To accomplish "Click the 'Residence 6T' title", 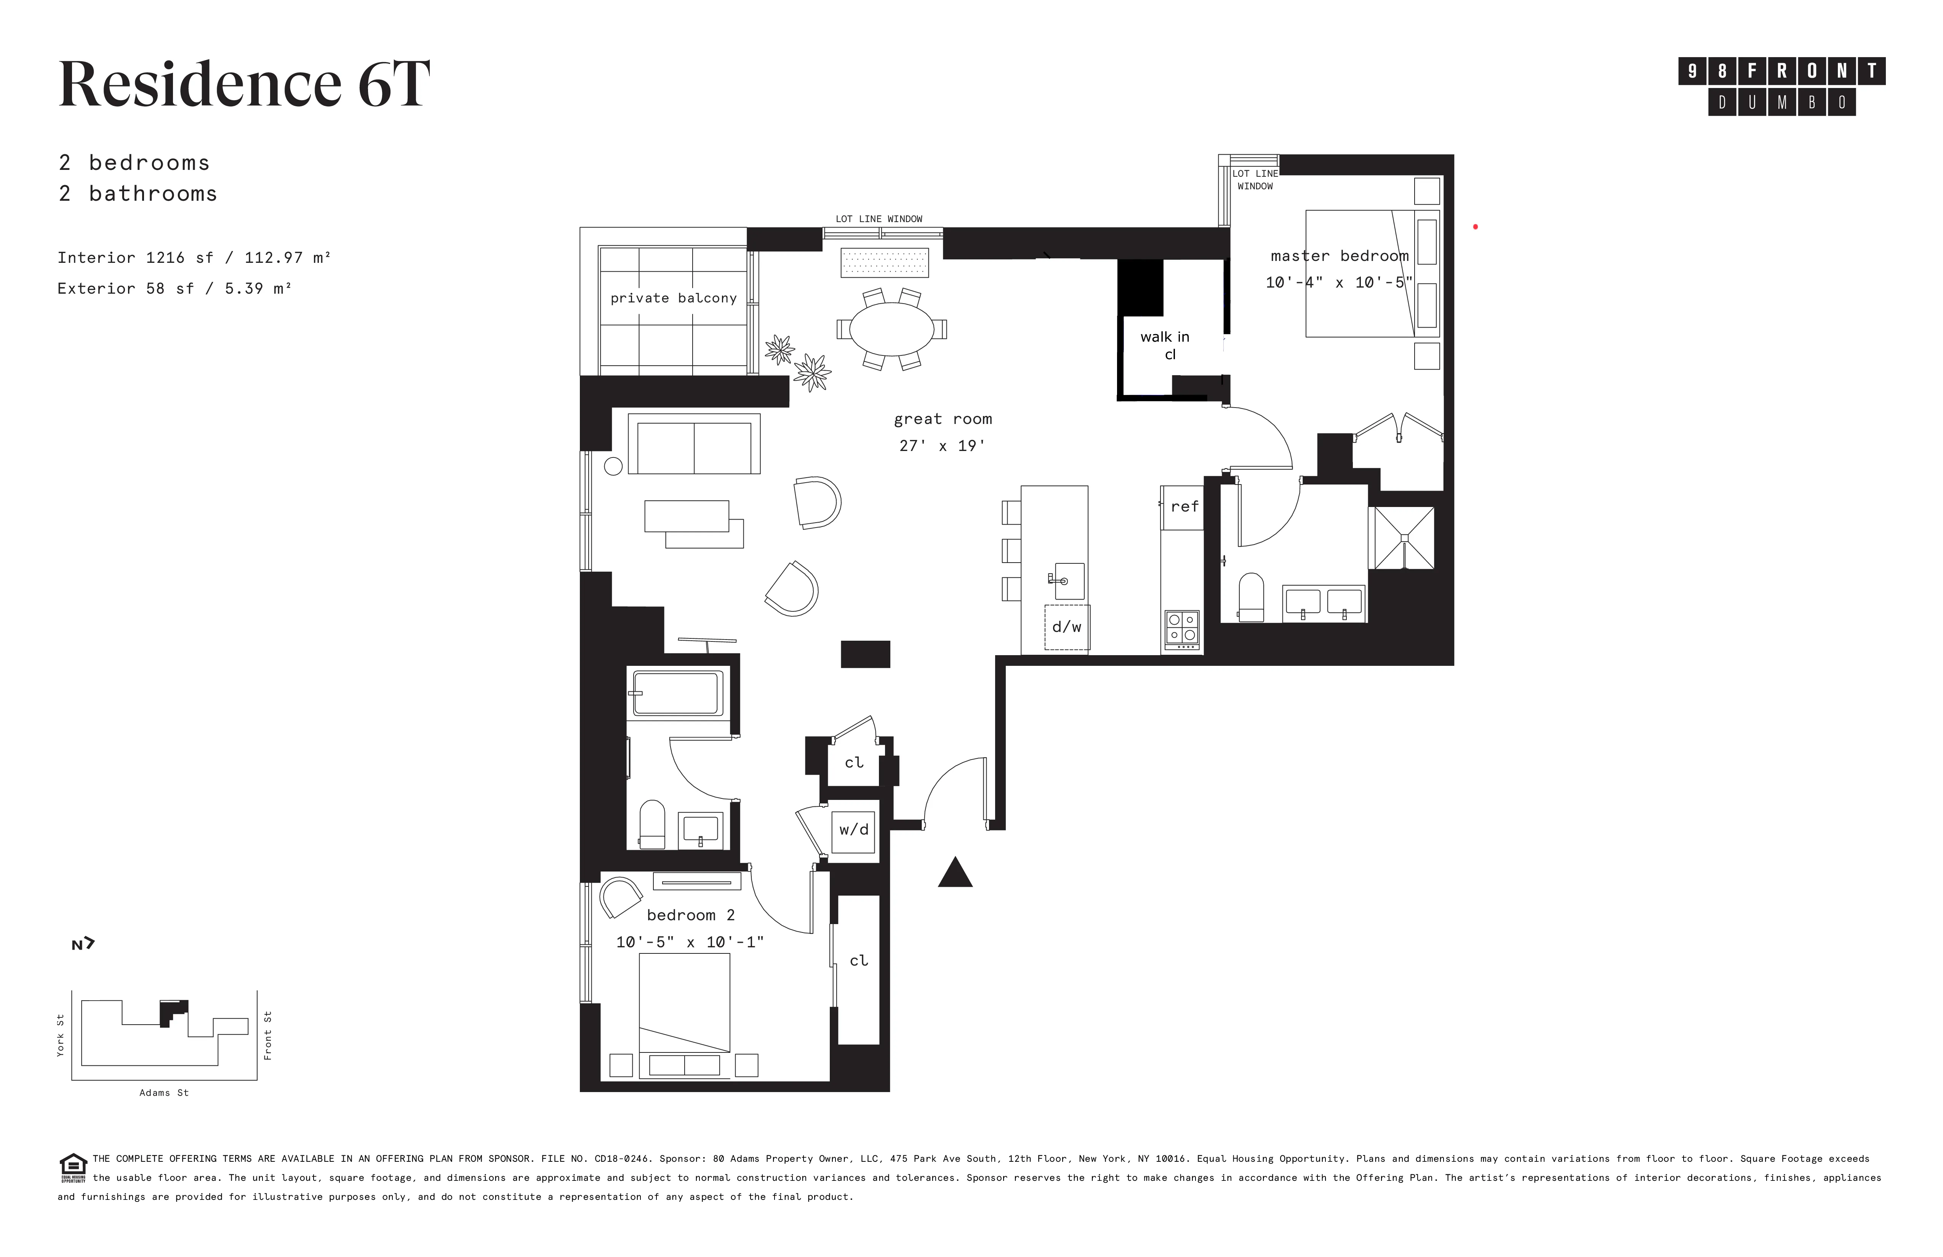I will coord(244,84).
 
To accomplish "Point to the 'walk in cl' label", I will coord(1165,344).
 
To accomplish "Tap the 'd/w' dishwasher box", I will coord(1066,627).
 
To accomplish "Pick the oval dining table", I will coord(891,328).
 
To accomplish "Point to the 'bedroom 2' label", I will coord(691,915).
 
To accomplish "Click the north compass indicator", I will coord(82,944).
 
